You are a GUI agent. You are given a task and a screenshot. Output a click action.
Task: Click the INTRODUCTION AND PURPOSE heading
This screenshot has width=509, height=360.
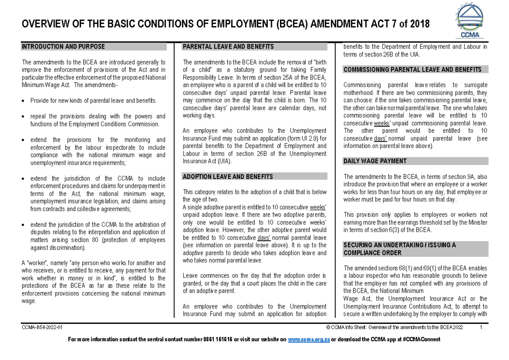point(63,47)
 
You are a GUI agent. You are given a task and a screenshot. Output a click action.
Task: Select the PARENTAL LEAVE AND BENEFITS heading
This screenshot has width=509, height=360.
point(228,47)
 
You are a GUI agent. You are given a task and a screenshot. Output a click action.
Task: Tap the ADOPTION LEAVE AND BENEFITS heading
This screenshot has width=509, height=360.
point(227,176)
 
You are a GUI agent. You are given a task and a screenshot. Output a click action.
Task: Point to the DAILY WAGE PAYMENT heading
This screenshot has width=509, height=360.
point(375,161)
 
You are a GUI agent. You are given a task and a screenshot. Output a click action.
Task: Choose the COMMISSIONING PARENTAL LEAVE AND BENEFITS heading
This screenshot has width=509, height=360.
point(412,70)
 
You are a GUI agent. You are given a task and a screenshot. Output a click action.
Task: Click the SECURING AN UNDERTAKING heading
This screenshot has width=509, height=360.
point(400,245)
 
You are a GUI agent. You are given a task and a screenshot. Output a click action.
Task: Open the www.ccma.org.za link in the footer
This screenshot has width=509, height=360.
point(309,340)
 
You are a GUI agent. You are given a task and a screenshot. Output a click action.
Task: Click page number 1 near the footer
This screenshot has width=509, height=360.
point(481,327)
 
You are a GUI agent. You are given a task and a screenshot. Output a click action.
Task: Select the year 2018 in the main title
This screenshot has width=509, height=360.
point(420,24)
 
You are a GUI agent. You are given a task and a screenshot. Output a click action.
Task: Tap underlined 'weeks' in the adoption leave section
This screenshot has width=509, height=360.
point(318,207)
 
